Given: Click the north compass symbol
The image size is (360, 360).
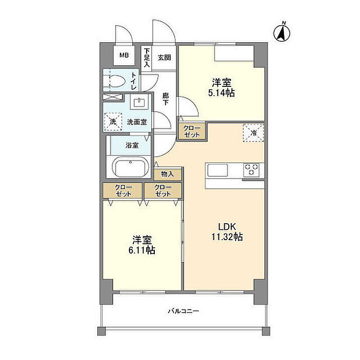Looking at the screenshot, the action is (282, 33).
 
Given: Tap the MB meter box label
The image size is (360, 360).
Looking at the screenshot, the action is (124, 56).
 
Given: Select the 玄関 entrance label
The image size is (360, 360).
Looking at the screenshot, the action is (165, 58).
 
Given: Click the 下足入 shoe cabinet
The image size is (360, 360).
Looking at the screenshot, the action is (147, 58).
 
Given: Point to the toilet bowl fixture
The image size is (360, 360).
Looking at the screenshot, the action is (114, 81).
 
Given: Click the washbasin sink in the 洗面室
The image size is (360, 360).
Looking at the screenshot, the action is (139, 102).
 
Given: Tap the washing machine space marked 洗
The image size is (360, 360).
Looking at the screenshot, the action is (113, 122).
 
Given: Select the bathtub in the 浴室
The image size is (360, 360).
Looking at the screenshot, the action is (131, 167).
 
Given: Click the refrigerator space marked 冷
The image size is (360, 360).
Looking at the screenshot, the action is (254, 133).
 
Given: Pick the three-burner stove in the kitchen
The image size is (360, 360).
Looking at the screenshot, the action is (251, 170).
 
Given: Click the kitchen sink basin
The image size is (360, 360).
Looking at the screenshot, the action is (218, 170).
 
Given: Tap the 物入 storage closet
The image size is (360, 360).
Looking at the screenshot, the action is (168, 174).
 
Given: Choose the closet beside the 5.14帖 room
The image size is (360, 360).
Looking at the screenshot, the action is (192, 131).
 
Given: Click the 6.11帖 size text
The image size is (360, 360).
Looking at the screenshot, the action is (141, 250).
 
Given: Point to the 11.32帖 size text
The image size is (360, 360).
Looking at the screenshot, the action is (227, 237).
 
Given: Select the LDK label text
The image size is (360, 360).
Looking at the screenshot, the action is (227, 227).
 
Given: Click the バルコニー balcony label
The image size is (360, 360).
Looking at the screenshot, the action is (184, 311).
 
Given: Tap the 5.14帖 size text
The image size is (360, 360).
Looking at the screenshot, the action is (221, 93).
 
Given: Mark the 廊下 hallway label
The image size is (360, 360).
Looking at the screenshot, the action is (166, 99).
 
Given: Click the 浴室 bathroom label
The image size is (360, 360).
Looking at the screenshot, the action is (132, 145).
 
